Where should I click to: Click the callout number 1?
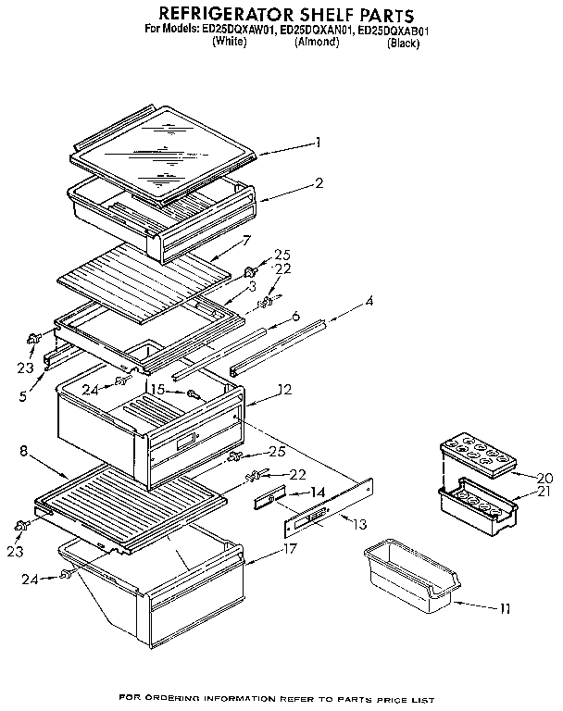pyautogui.click(x=318, y=143)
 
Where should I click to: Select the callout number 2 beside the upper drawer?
pyautogui.click(x=319, y=182)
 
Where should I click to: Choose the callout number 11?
pyautogui.click(x=505, y=608)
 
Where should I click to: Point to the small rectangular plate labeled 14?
pyautogui.click(x=269, y=500)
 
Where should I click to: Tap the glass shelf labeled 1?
pyautogui.click(x=162, y=139)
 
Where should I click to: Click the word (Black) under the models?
pyautogui.click(x=404, y=43)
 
